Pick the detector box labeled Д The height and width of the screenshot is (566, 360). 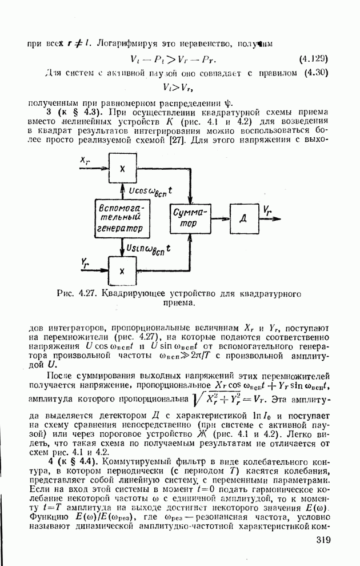pyautogui.click(x=243, y=218)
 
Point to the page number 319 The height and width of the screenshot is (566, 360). pyautogui.click(x=323, y=540)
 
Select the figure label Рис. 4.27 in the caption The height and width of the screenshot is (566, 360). pyautogui.click(x=79, y=294)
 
